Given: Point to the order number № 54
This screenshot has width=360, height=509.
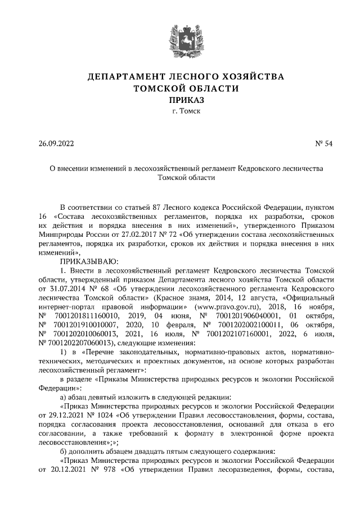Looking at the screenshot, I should click(323, 143).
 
